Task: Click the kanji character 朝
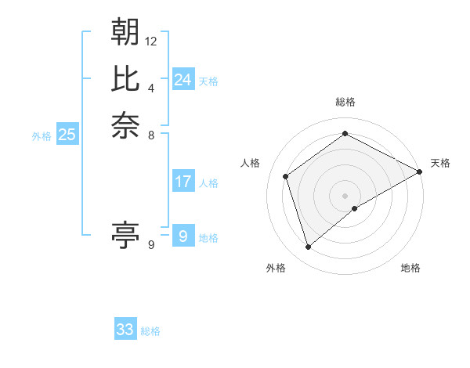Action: (125, 32)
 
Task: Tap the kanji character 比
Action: (125, 78)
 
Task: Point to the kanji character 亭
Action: (125, 234)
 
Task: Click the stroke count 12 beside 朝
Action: (151, 41)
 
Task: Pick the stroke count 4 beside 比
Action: (151, 87)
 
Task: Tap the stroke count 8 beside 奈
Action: (151, 134)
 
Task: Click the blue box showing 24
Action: (183, 80)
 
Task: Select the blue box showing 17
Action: (183, 182)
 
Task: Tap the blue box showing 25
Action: (67, 135)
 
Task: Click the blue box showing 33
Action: (125, 330)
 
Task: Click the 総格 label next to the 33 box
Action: (150, 331)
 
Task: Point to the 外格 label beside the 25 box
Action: (42, 136)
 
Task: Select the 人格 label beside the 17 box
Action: (208, 183)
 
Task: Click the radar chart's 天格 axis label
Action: (440, 163)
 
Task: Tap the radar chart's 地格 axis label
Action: (410, 269)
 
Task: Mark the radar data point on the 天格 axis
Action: (420, 171)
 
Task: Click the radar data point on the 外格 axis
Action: (308, 247)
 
